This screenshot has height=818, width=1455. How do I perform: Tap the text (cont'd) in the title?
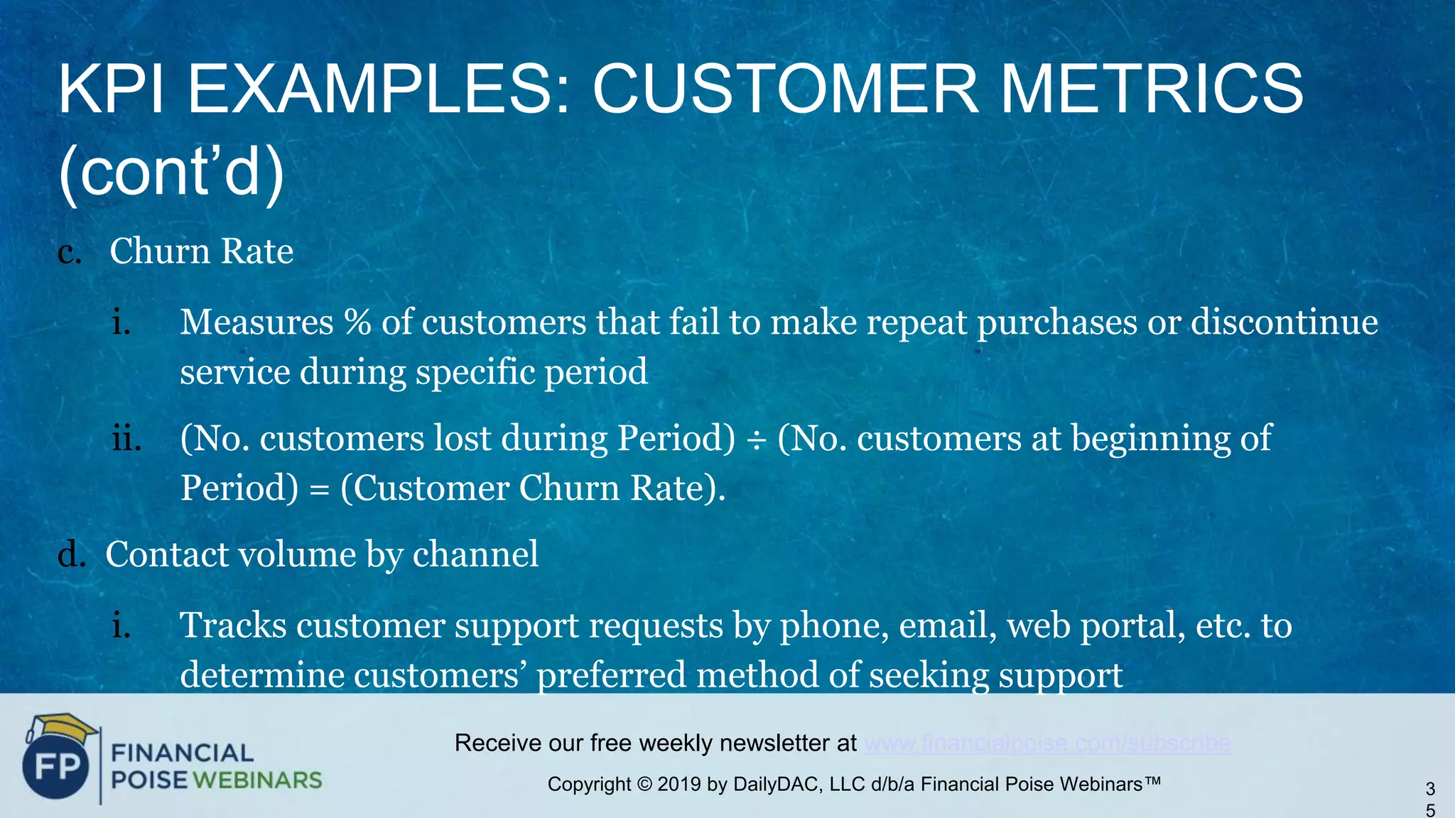click(171, 173)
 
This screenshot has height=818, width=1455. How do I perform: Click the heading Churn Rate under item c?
click(201, 251)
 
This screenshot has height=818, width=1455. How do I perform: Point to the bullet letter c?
click(68, 253)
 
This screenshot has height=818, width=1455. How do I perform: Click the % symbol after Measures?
click(357, 322)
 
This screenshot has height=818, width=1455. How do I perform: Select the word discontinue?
click(1284, 322)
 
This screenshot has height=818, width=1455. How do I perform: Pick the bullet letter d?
click(70, 555)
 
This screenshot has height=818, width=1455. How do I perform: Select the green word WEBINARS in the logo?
click(257, 780)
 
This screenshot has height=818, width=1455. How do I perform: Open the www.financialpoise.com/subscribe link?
click(1047, 743)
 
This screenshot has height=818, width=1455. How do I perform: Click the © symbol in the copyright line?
click(644, 785)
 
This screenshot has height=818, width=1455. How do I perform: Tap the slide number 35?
click(1430, 799)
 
